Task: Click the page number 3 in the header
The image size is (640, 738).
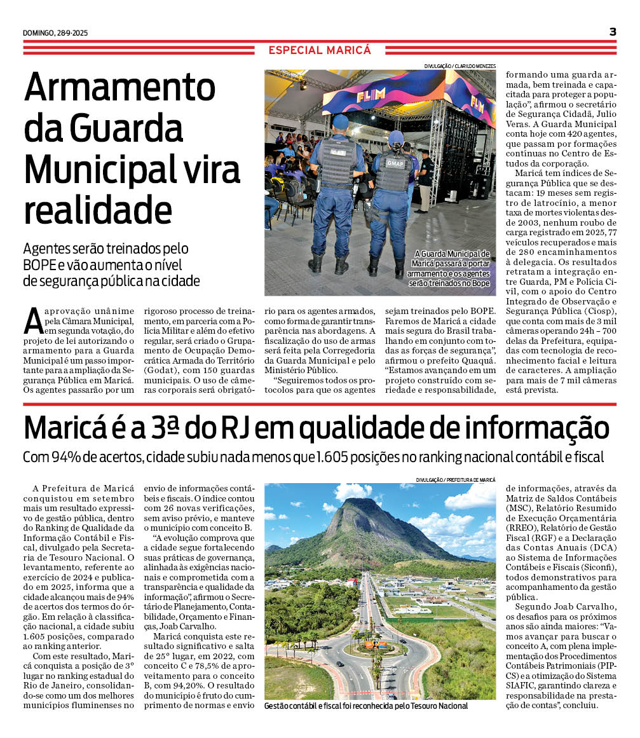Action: [x=613, y=32]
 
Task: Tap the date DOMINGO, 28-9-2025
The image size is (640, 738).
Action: [x=55, y=33]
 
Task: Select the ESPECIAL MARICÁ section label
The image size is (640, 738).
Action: [x=319, y=50]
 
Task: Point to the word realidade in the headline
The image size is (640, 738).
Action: [x=98, y=208]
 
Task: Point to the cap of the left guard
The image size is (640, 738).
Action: [x=341, y=121]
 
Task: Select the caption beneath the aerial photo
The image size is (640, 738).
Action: [x=366, y=706]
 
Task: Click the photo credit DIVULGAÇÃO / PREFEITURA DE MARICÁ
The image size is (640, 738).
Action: [x=455, y=479]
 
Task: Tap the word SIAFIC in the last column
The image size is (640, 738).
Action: [x=526, y=686]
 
